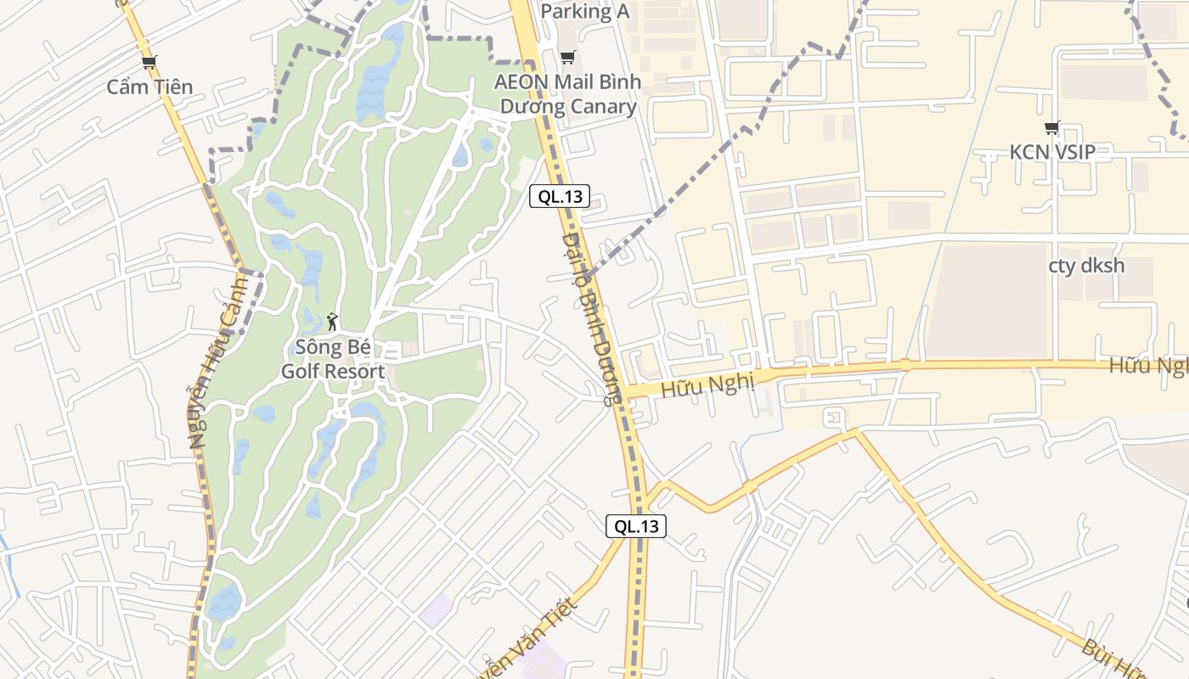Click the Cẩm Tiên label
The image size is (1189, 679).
pyautogui.click(x=149, y=87)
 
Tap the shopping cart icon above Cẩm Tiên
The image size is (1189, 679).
pyautogui.click(x=149, y=62)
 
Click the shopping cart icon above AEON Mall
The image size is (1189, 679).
pyautogui.click(x=567, y=57)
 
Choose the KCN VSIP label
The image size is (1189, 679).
pyautogui.click(x=1052, y=153)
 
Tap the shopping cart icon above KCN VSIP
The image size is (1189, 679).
pyautogui.click(x=1052, y=128)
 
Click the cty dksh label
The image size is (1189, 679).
pyautogui.click(x=1086, y=266)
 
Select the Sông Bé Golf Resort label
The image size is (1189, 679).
pyautogui.click(x=333, y=359)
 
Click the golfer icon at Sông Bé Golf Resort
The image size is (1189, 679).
pyautogui.click(x=332, y=322)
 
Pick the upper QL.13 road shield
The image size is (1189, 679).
pyautogui.click(x=561, y=196)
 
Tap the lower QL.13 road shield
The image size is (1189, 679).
pyautogui.click(x=636, y=526)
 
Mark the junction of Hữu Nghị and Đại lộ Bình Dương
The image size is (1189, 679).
pyautogui.click(x=623, y=391)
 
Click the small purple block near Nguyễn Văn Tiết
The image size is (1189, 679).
pyautogui.click(x=437, y=610)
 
